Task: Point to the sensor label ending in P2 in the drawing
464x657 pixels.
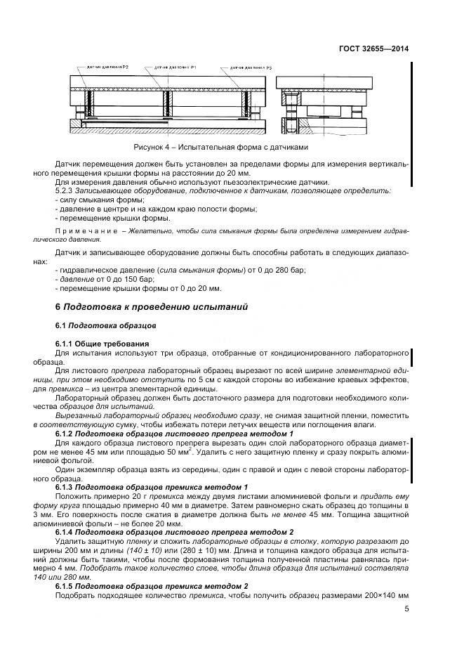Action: (x=107, y=67)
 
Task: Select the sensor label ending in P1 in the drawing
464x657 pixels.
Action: (x=171, y=67)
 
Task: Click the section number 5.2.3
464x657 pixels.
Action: (x=66, y=190)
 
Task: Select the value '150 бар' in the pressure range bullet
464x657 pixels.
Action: (x=121, y=279)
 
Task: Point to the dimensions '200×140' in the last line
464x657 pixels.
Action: (x=378, y=597)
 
